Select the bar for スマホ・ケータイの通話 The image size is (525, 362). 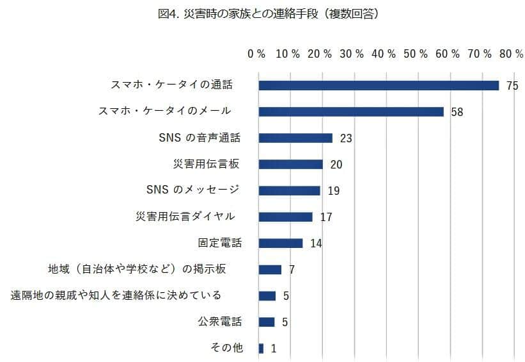click(379, 85)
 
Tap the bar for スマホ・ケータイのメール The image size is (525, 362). click(351, 111)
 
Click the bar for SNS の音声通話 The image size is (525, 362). click(295, 138)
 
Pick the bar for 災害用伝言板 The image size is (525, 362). click(291, 164)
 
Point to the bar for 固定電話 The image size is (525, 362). click(281, 243)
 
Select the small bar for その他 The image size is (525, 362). click(261, 348)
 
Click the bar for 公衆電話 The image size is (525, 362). click(267, 322)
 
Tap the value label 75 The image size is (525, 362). click(511, 86)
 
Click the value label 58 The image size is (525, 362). click(457, 112)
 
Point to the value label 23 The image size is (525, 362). click(347, 138)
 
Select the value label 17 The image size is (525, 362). click(325, 217)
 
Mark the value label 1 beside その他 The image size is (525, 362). click(273, 349)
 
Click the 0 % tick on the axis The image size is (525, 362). click(256, 54)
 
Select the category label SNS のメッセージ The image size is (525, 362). click(192, 190)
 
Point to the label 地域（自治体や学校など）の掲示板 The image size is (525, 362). click(137, 268)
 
